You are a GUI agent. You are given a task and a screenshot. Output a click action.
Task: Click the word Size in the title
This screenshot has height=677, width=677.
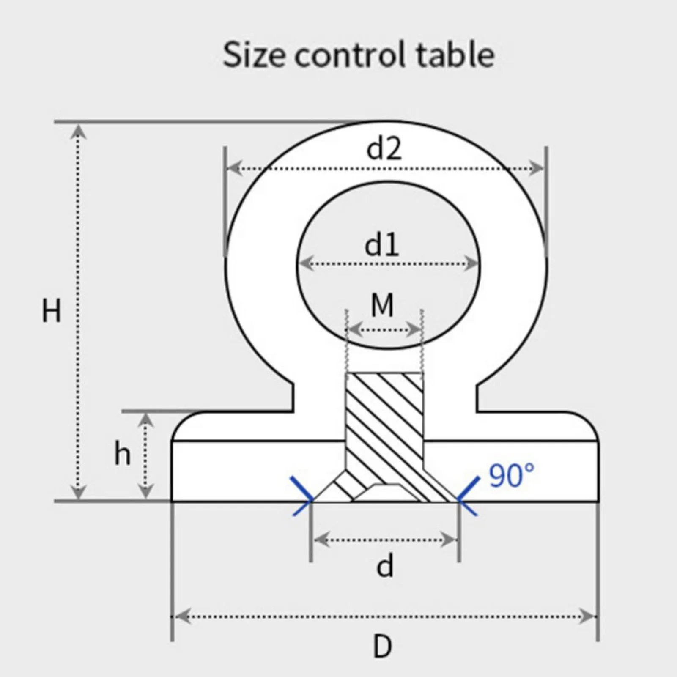(254, 55)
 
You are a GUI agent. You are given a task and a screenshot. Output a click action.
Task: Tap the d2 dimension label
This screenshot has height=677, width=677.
(384, 149)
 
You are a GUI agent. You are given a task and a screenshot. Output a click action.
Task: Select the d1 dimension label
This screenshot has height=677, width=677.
(382, 245)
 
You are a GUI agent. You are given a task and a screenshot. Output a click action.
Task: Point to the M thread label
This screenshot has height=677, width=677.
(382, 305)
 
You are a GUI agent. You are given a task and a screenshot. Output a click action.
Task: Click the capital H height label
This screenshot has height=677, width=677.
(51, 311)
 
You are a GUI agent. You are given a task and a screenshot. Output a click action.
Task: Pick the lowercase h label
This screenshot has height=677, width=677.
(123, 453)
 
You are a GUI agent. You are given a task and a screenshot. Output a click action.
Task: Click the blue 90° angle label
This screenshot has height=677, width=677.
(512, 475)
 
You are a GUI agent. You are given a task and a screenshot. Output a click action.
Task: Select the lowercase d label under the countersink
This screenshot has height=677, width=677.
(385, 567)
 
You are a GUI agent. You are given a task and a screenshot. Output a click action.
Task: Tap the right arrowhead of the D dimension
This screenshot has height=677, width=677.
(588, 617)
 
